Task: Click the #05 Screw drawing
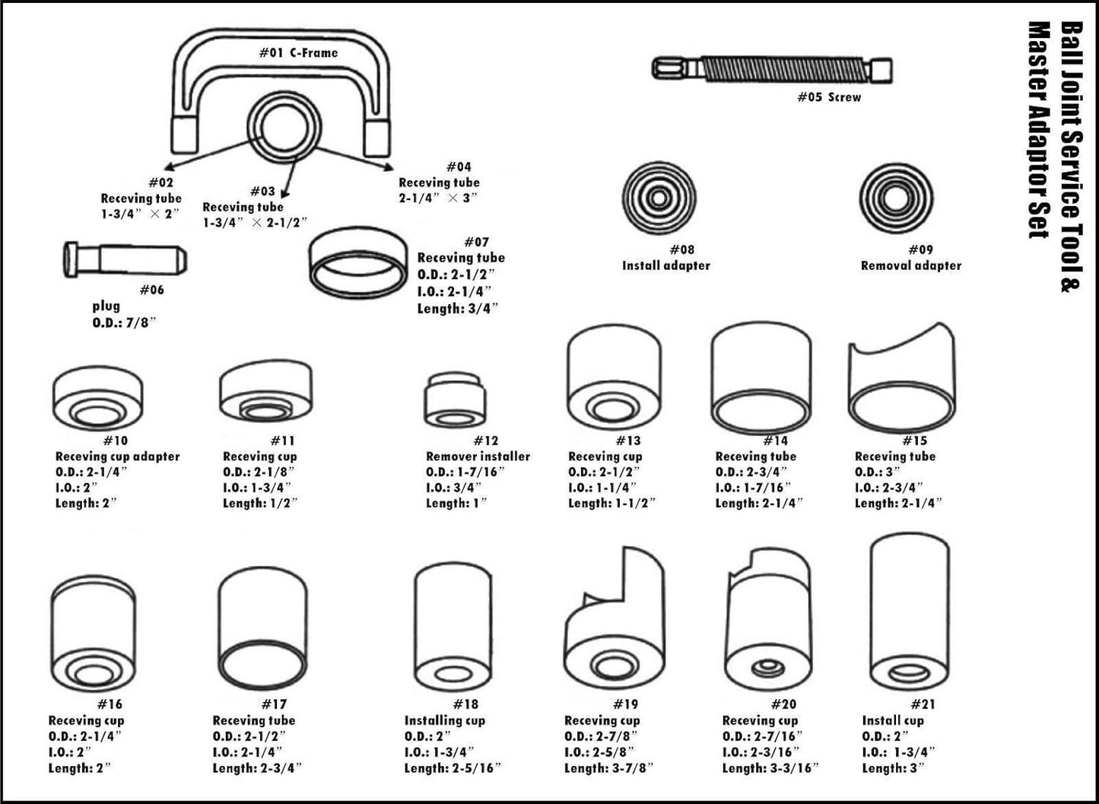click(x=772, y=69)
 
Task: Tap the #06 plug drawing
click(x=123, y=259)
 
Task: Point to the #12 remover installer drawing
click(x=455, y=400)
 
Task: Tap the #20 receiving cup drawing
click(x=770, y=621)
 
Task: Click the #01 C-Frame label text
click(x=298, y=52)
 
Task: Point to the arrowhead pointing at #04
click(x=389, y=164)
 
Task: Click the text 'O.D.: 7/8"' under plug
click(x=125, y=323)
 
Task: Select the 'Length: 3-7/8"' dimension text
click(x=608, y=768)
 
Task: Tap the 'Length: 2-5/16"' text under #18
click(x=453, y=768)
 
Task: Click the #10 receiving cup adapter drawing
click(x=98, y=399)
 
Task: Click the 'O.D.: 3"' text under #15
click(x=877, y=472)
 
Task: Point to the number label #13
click(x=628, y=440)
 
